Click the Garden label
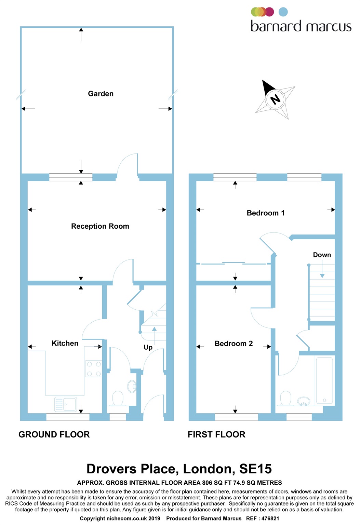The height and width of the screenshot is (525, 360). [101, 94]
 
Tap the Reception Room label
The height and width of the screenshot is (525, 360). [100, 226]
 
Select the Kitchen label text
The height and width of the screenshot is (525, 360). [65, 343]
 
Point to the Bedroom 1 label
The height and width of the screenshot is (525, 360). [265, 213]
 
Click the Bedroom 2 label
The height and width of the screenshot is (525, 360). [234, 344]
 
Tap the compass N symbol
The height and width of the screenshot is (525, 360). [275, 99]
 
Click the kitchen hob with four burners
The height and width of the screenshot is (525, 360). [94, 369]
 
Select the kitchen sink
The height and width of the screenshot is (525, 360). [66, 404]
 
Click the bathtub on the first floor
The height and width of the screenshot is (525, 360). [324, 380]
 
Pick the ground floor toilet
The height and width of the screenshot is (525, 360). [118, 399]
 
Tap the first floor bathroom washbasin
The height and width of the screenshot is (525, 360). [304, 401]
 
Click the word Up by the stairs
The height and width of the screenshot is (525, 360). [148, 347]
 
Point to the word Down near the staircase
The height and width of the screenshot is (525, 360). [322, 255]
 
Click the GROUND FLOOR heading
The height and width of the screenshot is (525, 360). [54, 434]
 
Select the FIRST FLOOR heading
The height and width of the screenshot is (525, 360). [216, 434]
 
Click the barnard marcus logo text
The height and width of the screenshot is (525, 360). [301, 26]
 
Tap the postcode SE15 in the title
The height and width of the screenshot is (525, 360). [255, 469]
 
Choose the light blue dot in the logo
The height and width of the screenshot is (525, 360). [283, 12]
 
